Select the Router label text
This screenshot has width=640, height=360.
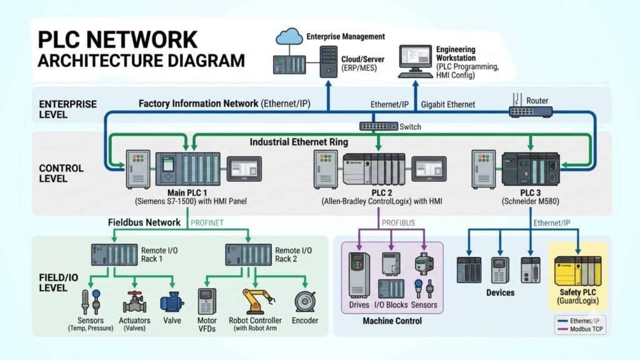(537, 101)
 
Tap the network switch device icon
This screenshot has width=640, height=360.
(378, 126)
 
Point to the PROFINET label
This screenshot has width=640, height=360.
(207, 222)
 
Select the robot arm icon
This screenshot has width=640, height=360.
(255, 300)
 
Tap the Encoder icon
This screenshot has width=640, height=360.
(306, 301)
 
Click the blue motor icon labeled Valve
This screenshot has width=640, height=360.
(172, 302)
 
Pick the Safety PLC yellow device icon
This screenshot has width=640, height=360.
(577, 271)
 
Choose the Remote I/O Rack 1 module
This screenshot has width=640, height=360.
(113, 254)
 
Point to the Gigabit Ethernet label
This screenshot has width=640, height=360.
(447, 104)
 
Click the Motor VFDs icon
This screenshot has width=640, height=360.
(206, 299)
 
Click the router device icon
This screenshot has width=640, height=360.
(530, 112)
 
